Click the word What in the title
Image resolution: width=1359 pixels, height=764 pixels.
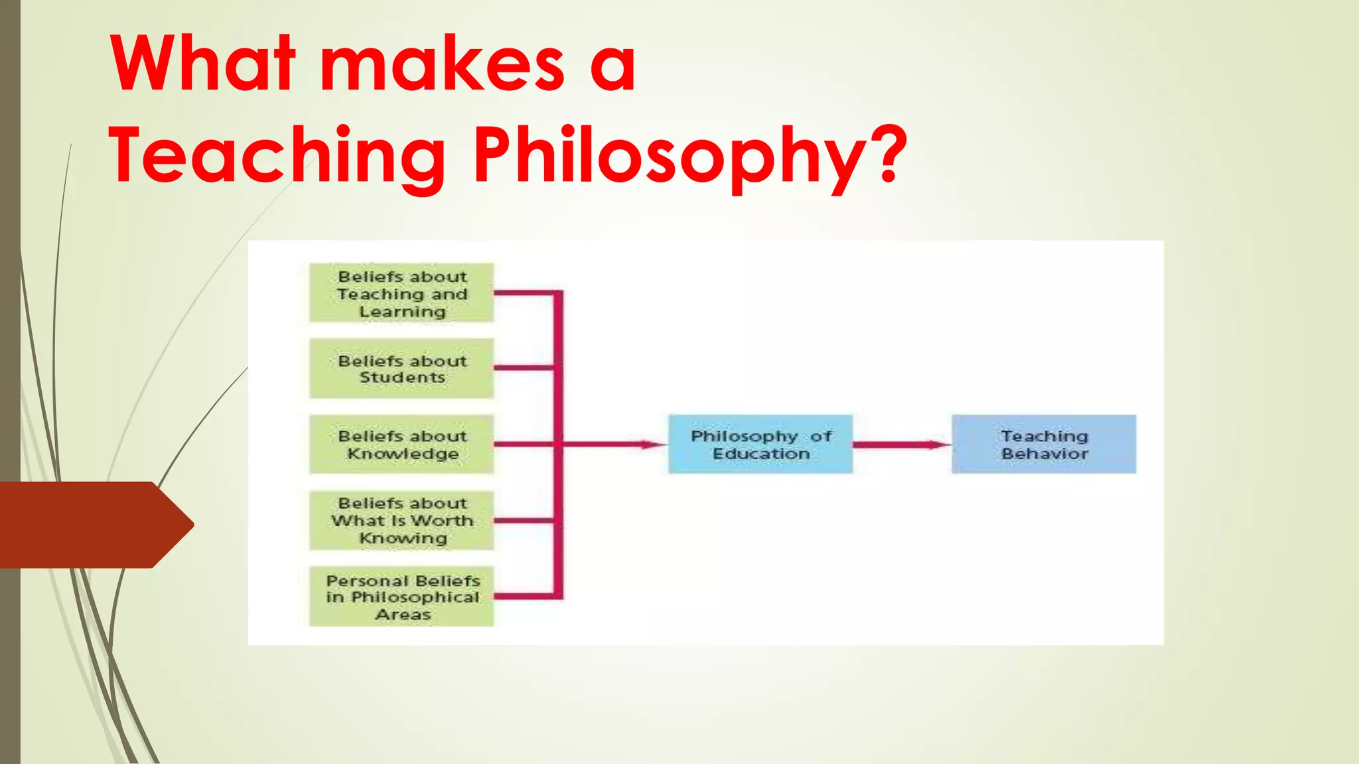202,64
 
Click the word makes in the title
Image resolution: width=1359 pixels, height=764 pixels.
443,64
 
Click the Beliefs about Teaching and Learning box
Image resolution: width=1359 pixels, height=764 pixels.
401,293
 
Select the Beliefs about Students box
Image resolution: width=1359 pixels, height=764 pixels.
401,369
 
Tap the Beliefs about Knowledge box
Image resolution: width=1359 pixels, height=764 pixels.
401,444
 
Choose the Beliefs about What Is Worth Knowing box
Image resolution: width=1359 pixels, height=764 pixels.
401,521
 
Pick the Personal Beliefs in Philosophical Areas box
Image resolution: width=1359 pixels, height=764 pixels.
401,597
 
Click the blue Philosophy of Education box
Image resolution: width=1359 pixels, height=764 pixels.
760,444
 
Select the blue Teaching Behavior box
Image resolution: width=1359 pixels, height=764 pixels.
1044,444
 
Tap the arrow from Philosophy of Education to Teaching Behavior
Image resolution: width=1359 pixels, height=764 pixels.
902,444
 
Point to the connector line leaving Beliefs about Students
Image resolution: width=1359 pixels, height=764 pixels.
524,367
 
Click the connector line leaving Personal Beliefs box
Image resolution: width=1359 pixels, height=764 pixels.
524,596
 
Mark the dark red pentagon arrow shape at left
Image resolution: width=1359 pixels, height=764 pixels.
93,525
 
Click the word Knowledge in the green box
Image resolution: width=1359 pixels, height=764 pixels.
403,454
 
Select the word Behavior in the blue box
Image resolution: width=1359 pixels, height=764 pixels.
1045,454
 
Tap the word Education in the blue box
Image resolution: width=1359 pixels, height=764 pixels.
761,454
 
